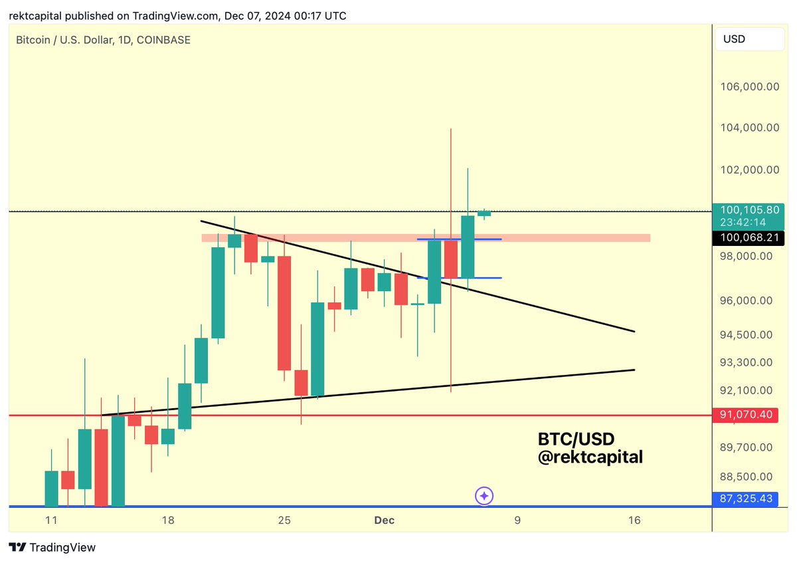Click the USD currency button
(x=749, y=39)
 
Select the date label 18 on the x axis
(x=168, y=520)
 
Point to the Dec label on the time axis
(x=384, y=520)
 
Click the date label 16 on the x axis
(x=634, y=520)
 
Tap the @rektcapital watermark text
(x=590, y=457)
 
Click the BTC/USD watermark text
(x=576, y=439)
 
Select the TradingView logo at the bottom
(x=52, y=548)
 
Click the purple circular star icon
(x=485, y=496)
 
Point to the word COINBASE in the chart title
(x=163, y=40)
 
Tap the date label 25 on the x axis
(x=284, y=520)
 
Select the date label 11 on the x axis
(x=51, y=520)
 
